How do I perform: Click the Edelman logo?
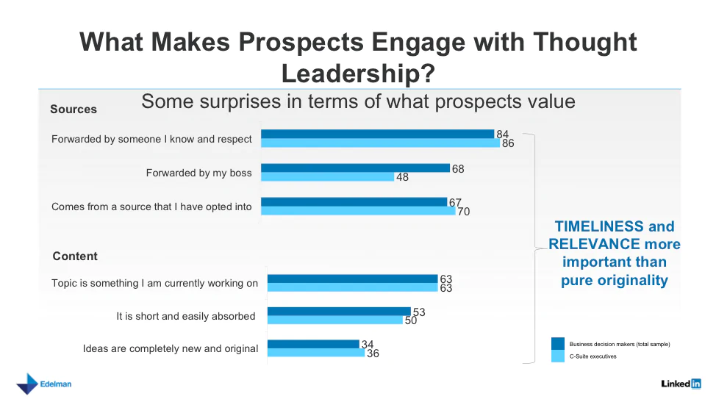(x=44, y=384)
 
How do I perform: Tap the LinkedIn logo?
(x=681, y=384)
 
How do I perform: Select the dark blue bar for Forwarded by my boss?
(x=355, y=168)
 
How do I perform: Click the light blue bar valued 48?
(x=327, y=177)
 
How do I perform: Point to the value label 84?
(x=503, y=134)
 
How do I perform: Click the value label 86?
(x=508, y=143)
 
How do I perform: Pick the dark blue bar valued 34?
(x=312, y=344)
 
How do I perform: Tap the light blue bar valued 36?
(x=315, y=353)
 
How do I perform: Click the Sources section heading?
(x=74, y=110)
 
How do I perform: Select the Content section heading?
(x=75, y=256)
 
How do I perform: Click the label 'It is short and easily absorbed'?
(x=186, y=317)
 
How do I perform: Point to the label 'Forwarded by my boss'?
(x=198, y=173)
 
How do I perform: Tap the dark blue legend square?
(x=558, y=343)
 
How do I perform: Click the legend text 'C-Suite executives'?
(x=593, y=356)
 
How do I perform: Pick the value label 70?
(x=463, y=212)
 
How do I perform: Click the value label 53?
(x=419, y=312)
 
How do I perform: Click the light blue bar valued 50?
(x=334, y=320)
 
